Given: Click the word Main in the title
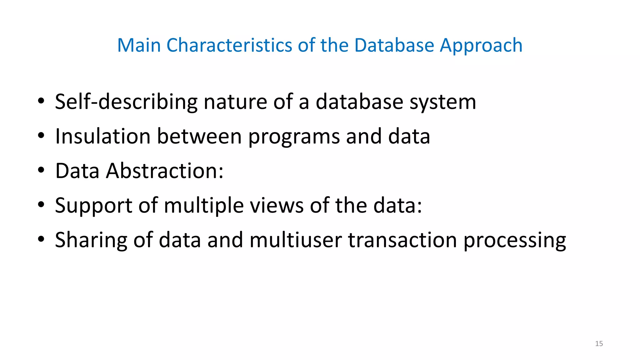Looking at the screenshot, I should (139, 45).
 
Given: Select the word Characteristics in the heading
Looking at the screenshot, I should (229, 45).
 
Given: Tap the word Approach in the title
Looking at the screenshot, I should (481, 46).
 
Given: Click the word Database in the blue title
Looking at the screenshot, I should (394, 45).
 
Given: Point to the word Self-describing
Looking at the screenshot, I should (126, 102).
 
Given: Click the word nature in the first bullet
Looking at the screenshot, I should (235, 102).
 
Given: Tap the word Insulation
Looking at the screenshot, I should (103, 136).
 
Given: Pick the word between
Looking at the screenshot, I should (199, 136).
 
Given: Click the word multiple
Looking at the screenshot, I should (203, 206).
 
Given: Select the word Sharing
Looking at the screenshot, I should (91, 241).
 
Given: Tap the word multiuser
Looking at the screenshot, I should (296, 240).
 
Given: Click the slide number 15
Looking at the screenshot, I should (599, 344).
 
